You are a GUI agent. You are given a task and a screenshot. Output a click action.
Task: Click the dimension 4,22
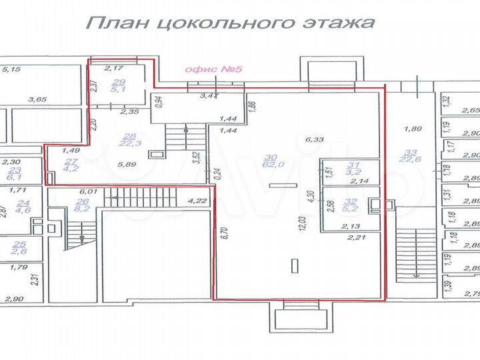pos(195,199)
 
